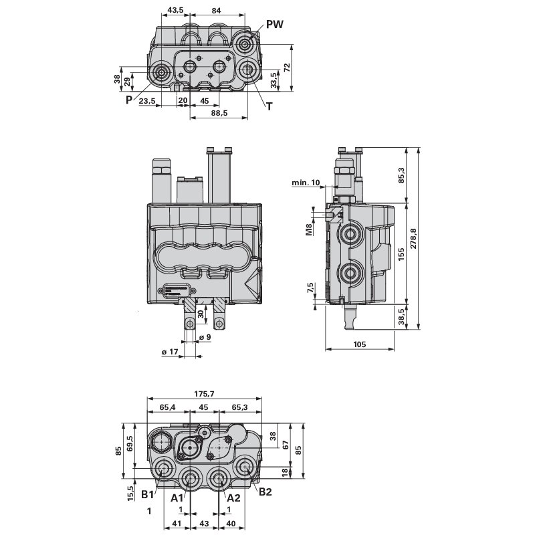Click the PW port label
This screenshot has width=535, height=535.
(x=275, y=24)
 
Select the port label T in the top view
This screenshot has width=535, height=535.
(x=269, y=106)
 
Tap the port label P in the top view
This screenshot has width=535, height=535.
(x=128, y=100)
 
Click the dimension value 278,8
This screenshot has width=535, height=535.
(x=413, y=239)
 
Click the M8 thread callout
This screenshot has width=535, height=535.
(x=309, y=230)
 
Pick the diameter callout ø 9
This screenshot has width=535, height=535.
(x=205, y=338)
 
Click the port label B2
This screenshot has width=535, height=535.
(x=266, y=493)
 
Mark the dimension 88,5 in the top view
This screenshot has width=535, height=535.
(x=219, y=113)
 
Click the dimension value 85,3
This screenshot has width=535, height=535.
(x=401, y=175)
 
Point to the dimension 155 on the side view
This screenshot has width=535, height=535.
(x=401, y=254)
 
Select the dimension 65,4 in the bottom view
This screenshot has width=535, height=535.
(x=167, y=407)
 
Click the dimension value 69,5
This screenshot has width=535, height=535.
(x=130, y=444)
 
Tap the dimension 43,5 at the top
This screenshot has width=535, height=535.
(x=176, y=10)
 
